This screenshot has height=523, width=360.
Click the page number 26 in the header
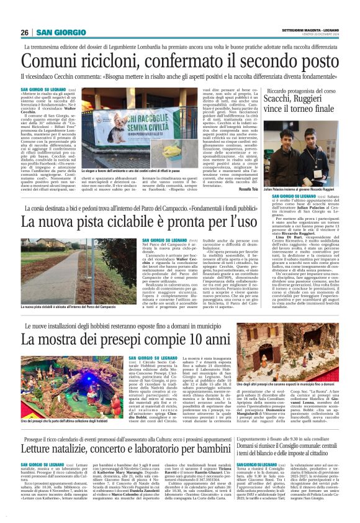pyautogui.click(x=24, y=32)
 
